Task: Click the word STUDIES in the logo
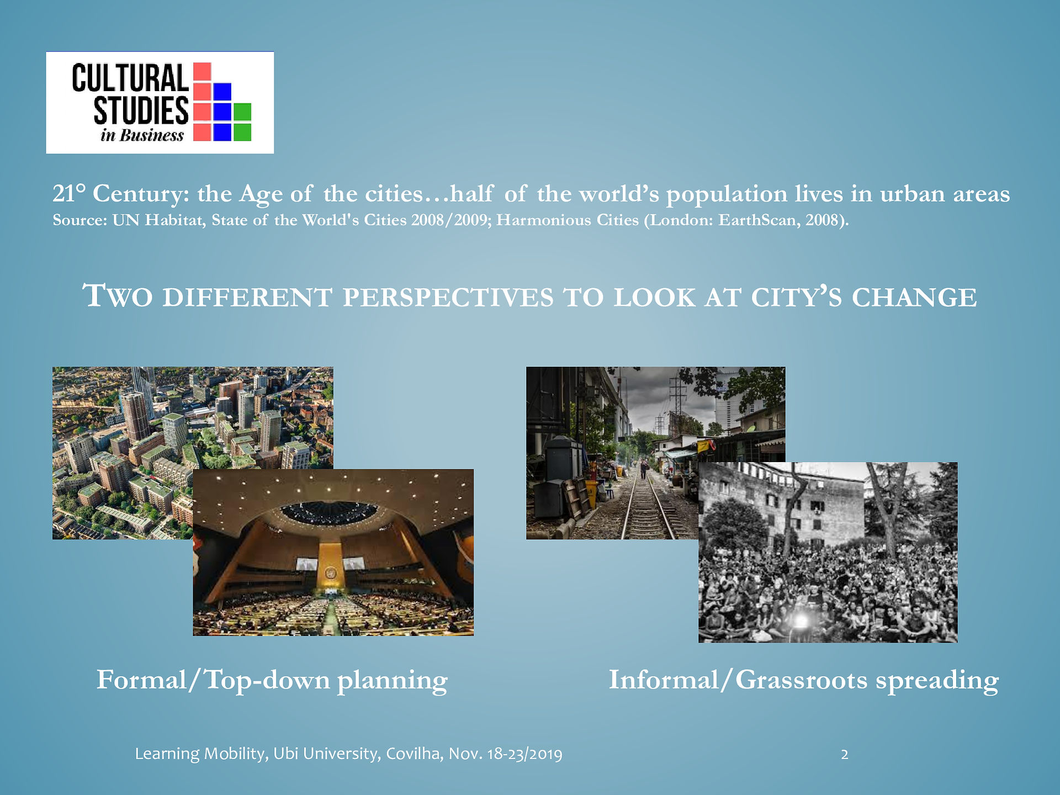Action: tap(141, 110)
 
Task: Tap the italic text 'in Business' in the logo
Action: tap(142, 135)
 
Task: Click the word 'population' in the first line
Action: tap(727, 194)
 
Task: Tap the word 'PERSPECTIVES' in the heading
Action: tap(448, 298)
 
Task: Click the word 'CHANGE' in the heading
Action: tap(914, 298)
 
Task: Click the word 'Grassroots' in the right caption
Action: tap(801, 680)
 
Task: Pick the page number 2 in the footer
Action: tap(844, 754)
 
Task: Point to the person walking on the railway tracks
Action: tap(643, 471)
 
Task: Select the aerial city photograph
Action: tap(193, 453)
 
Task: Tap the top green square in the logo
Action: tap(242, 112)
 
